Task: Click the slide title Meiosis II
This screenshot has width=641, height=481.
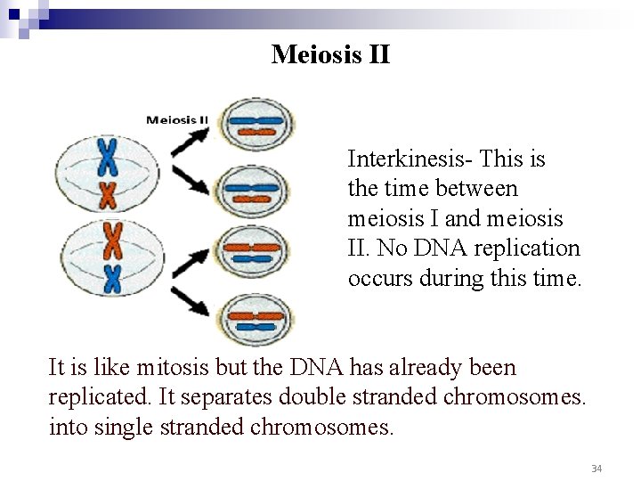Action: pyautogui.click(x=330, y=54)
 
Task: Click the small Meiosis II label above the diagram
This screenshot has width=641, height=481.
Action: pyautogui.click(x=177, y=119)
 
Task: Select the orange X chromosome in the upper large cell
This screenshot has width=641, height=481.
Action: pyautogui.click(x=108, y=193)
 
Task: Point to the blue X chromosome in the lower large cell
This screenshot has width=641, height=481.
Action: pyautogui.click(x=112, y=279)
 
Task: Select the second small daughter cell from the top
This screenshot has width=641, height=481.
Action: pyautogui.click(x=253, y=189)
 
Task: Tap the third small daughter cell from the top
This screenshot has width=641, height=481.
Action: pyautogui.click(x=253, y=252)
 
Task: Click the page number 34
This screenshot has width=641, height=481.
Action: pyautogui.click(x=596, y=468)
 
